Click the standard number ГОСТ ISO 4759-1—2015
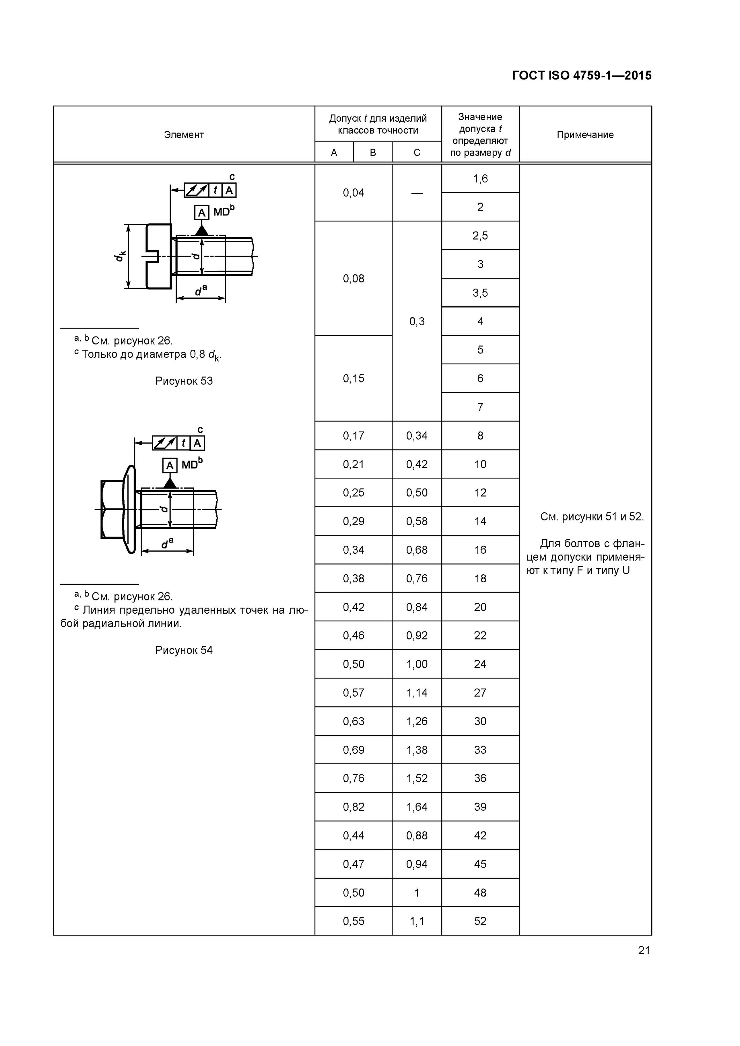(581, 76)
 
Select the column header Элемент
(184, 135)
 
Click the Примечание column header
(585, 135)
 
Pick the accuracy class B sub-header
(373, 153)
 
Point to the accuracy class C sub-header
(417, 153)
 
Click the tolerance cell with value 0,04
(353, 193)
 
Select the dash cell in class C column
(417, 193)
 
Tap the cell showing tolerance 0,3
(417, 321)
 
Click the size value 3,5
(480, 293)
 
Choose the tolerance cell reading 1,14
(417, 692)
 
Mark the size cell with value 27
(480, 692)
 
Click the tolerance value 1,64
(417, 807)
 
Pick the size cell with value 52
(480, 921)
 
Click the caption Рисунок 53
(184, 381)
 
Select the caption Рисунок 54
(184, 650)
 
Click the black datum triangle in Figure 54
(170, 483)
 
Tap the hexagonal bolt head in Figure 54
(112, 509)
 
